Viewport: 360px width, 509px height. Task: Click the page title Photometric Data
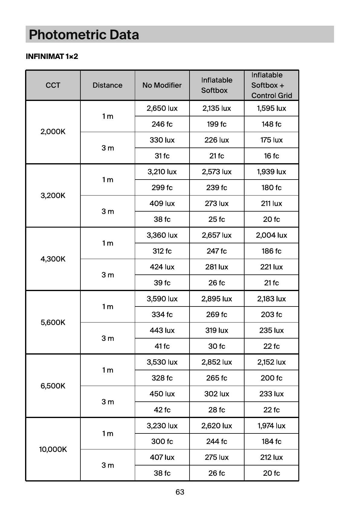pos(84,35)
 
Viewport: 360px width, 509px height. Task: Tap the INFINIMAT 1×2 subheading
pos(52,57)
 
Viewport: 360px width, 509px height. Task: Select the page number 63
pos(180,492)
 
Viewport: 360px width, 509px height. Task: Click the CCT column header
pos(53,85)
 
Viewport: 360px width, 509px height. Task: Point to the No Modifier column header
pos(162,85)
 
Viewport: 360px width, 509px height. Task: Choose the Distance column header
pos(107,85)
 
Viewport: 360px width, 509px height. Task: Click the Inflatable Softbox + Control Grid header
pos(271,85)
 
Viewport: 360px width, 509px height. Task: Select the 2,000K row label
pos(53,132)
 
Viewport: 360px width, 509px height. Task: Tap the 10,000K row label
pos(53,449)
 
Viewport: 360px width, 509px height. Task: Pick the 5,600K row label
pos(53,322)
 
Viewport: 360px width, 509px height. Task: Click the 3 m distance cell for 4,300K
pos(108,275)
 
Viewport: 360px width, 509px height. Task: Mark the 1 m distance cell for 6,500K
pos(108,370)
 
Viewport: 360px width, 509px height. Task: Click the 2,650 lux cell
pos(162,108)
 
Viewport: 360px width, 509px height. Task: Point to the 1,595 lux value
pos(271,108)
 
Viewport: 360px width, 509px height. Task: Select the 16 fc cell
pos(271,156)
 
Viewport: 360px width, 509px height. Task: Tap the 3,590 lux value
pos(162,299)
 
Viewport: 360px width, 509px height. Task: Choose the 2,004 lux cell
pos(271,235)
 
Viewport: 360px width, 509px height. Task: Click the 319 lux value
pos(217,330)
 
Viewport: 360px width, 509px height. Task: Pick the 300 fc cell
pos(162,441)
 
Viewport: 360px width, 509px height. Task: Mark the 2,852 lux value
pos(217,362)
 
